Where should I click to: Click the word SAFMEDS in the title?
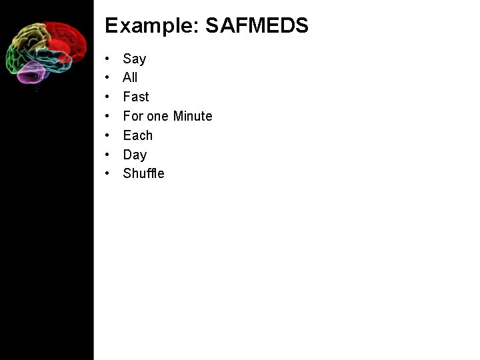pyautogui.click(x=257, y=26)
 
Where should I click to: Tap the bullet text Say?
pyautogui.click(x=135, y=59)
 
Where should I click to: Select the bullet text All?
pyautogui.click(x=130, y=77)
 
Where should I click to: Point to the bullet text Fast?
pyautogui.click(x=136, y=97)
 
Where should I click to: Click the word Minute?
pyautogui.click(x=193, y=116)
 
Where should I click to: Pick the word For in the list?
pyautogui.click(x=133, y=116)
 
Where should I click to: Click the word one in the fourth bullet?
pyautogui.click(x=158, y=116)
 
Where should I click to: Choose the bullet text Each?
pyautogui.click(x=138, y=135)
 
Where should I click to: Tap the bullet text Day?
pyautogui.click(x=135, y=155)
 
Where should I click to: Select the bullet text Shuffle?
pyautogui.click(x=143, y=173)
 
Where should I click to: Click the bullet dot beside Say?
pyautogui.click(x=107, y=59)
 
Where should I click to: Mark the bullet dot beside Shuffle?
pyautogui.click(x=107, y=174)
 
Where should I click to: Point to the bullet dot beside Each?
pyautogui.click(x=107, y=136)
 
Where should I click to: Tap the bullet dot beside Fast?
pyautogui.click(x=107, y=97)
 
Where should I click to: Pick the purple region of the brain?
pyautogui.click(x=30, y=73)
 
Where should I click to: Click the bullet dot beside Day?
pyautogui.click(x=107, y=155)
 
